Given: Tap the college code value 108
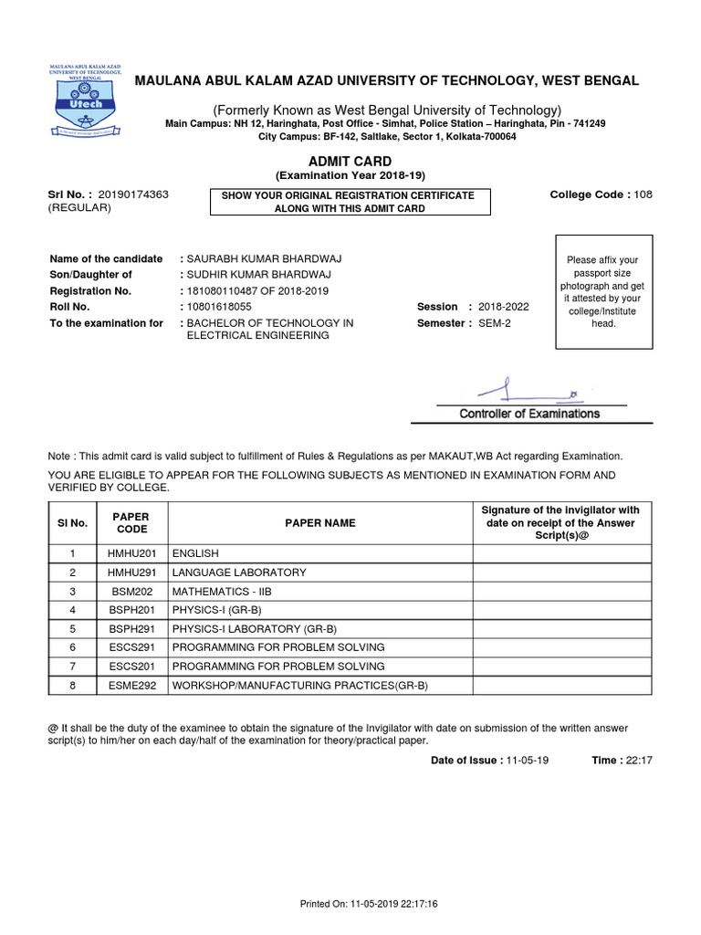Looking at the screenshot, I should (643, 194).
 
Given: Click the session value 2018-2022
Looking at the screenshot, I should (503, 307).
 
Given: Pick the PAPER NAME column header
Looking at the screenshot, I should (319, 523).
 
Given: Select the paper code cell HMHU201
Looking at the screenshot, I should (131, 553).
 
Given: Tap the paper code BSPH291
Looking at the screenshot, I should (131, 628).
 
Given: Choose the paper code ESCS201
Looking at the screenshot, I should (131, 666).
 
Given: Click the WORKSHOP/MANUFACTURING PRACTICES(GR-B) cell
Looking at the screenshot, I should (299, 685).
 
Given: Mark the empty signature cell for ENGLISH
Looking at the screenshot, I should (561, 553).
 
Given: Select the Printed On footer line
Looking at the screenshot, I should (370, 903).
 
